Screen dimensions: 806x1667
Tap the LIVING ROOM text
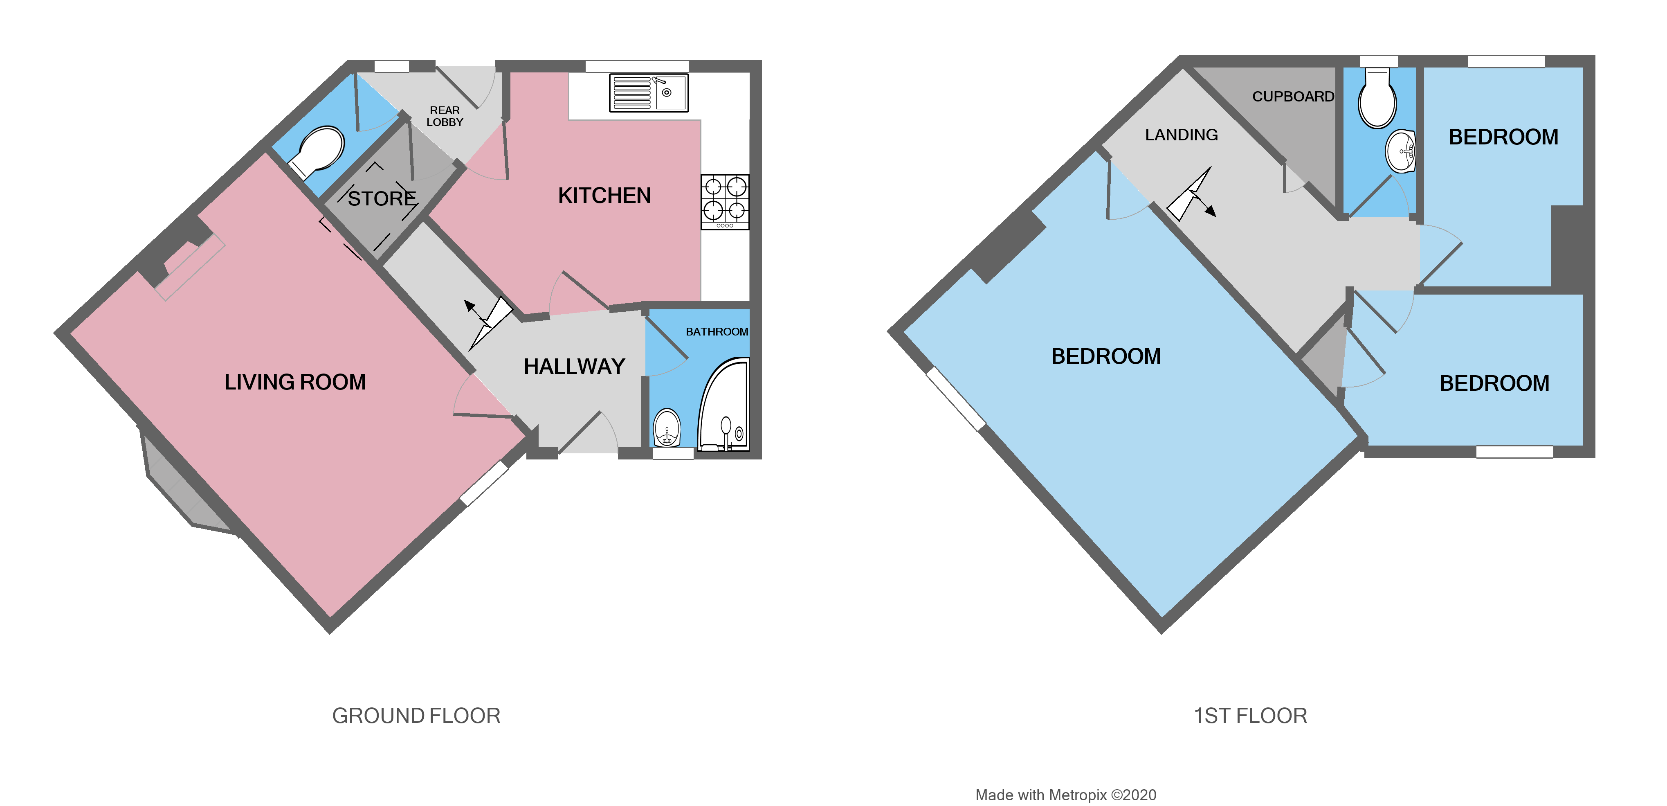click(295, 382)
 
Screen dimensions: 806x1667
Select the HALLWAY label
click(574, 367)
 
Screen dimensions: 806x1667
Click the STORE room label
click(382, 198)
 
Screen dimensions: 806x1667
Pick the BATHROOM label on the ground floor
click(717, 331)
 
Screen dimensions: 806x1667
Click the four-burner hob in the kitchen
click(725, 201)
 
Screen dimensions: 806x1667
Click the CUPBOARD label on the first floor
click(1293, 97)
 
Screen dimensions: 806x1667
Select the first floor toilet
click(1377, 100)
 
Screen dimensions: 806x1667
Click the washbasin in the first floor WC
click(1400, 151)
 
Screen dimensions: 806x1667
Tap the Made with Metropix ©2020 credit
click(1065, 795)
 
